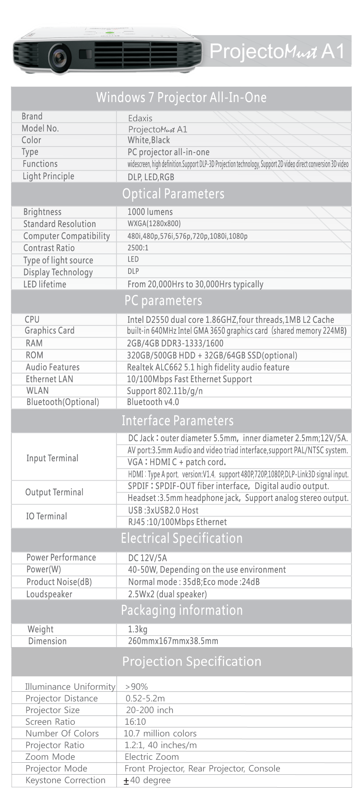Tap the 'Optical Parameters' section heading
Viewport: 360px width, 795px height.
[173, 194]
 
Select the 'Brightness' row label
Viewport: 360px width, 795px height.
[42, 212]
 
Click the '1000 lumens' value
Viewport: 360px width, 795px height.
[150, 212]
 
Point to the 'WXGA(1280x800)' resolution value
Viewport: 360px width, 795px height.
[154, 224]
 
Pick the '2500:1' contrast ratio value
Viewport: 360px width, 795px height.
[138, 248]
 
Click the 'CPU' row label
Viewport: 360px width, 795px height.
[32, 319]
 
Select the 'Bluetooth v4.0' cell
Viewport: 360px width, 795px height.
[153, 402]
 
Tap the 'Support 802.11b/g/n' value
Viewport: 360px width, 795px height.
[164, 391]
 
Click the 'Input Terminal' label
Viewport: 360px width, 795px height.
[52, 458]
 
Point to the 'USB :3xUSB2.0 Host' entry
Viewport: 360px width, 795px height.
[163, 510]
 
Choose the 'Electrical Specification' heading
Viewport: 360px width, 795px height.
[182, 538]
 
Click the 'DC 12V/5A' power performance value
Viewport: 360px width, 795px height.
[148, 558]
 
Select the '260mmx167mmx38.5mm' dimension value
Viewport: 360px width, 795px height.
[173, 641]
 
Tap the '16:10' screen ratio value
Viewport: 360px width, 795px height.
[135, 722]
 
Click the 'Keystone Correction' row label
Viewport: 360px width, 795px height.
[65, 780]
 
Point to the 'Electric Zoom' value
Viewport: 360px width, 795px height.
[152, 757]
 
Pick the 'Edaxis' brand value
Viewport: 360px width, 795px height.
[140, 118]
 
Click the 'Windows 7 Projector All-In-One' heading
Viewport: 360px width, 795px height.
[181, 97]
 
